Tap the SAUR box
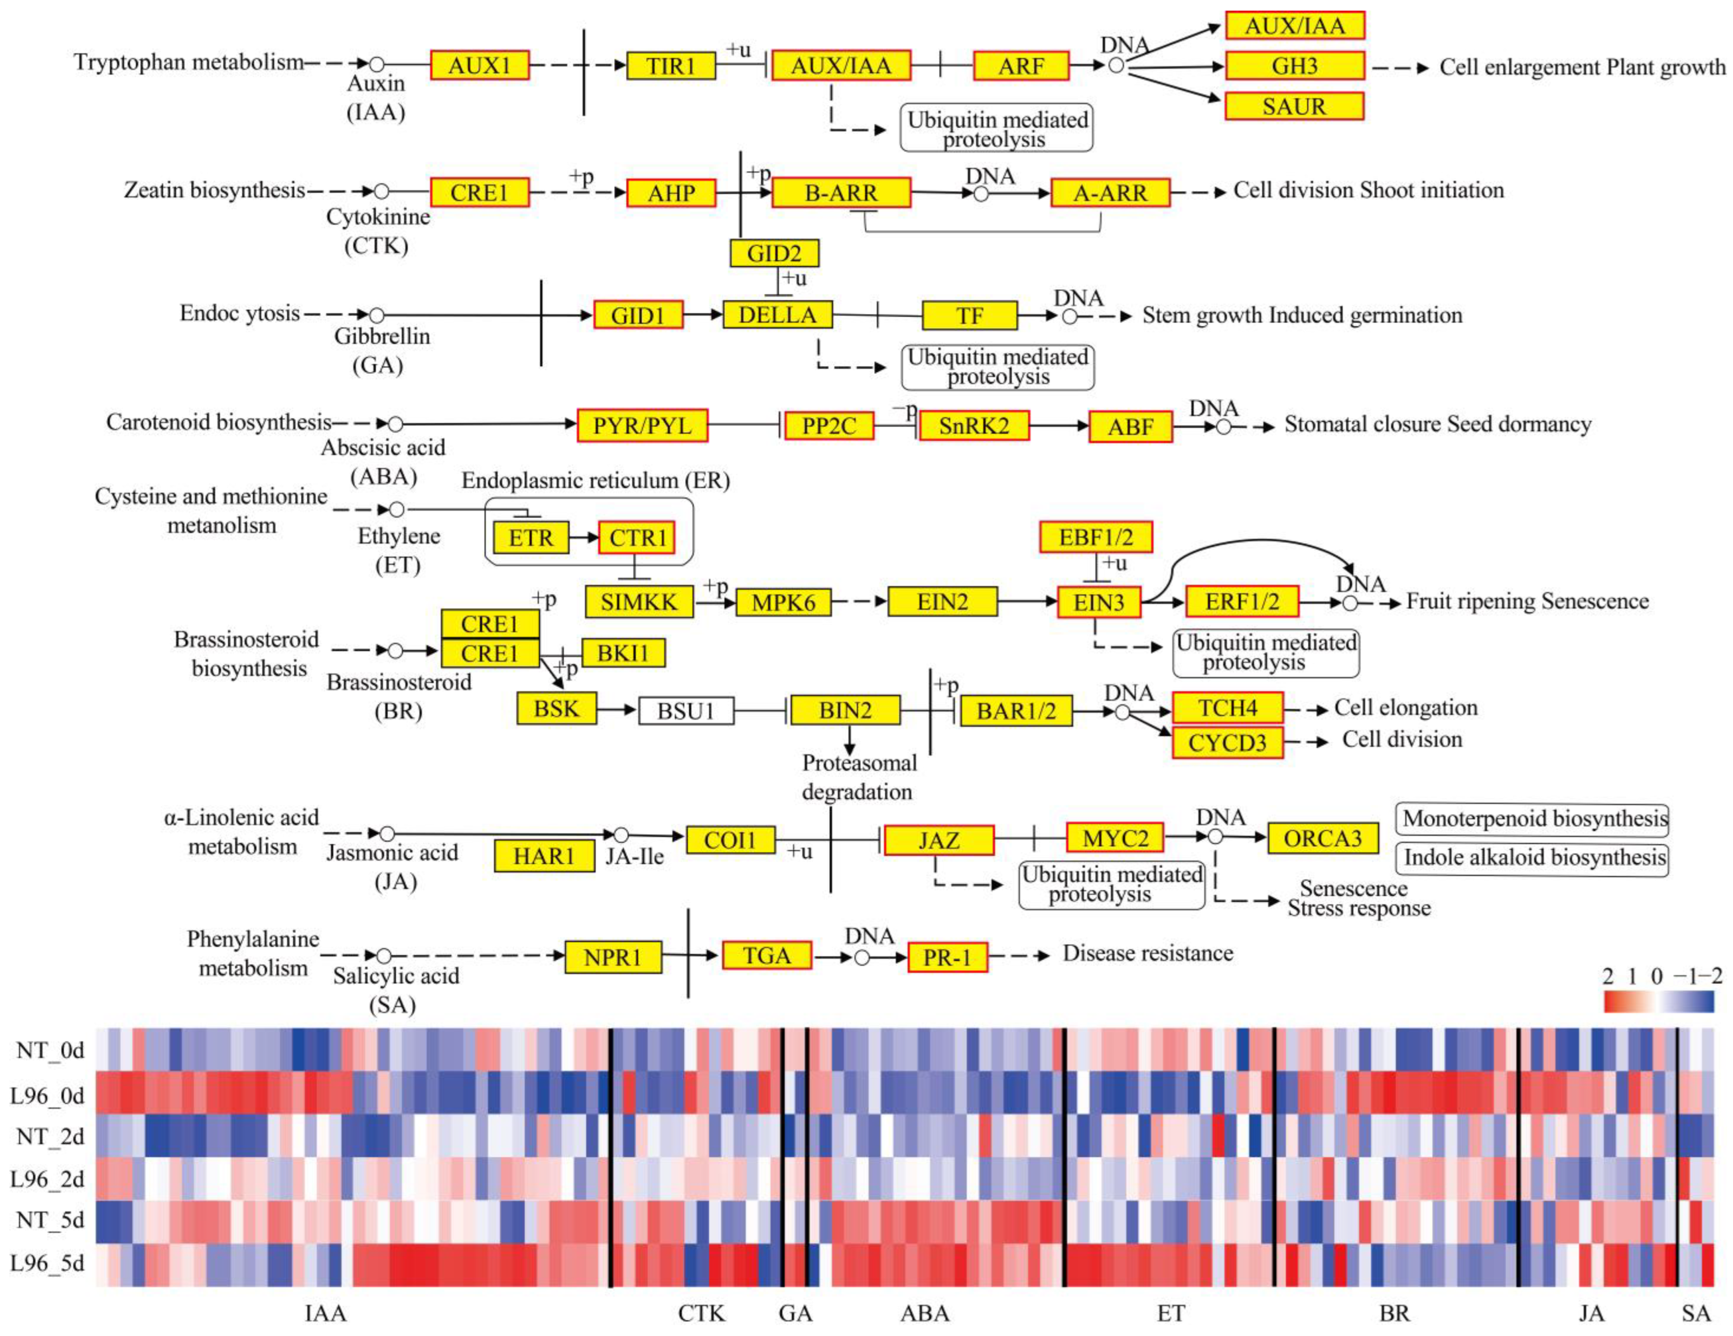1294,106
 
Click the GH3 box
1294,66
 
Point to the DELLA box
777,315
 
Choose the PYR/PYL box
642,426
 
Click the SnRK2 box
974,426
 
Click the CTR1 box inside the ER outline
637,538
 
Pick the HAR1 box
544,856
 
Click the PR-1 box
947,958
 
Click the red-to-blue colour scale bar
1658,1002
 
